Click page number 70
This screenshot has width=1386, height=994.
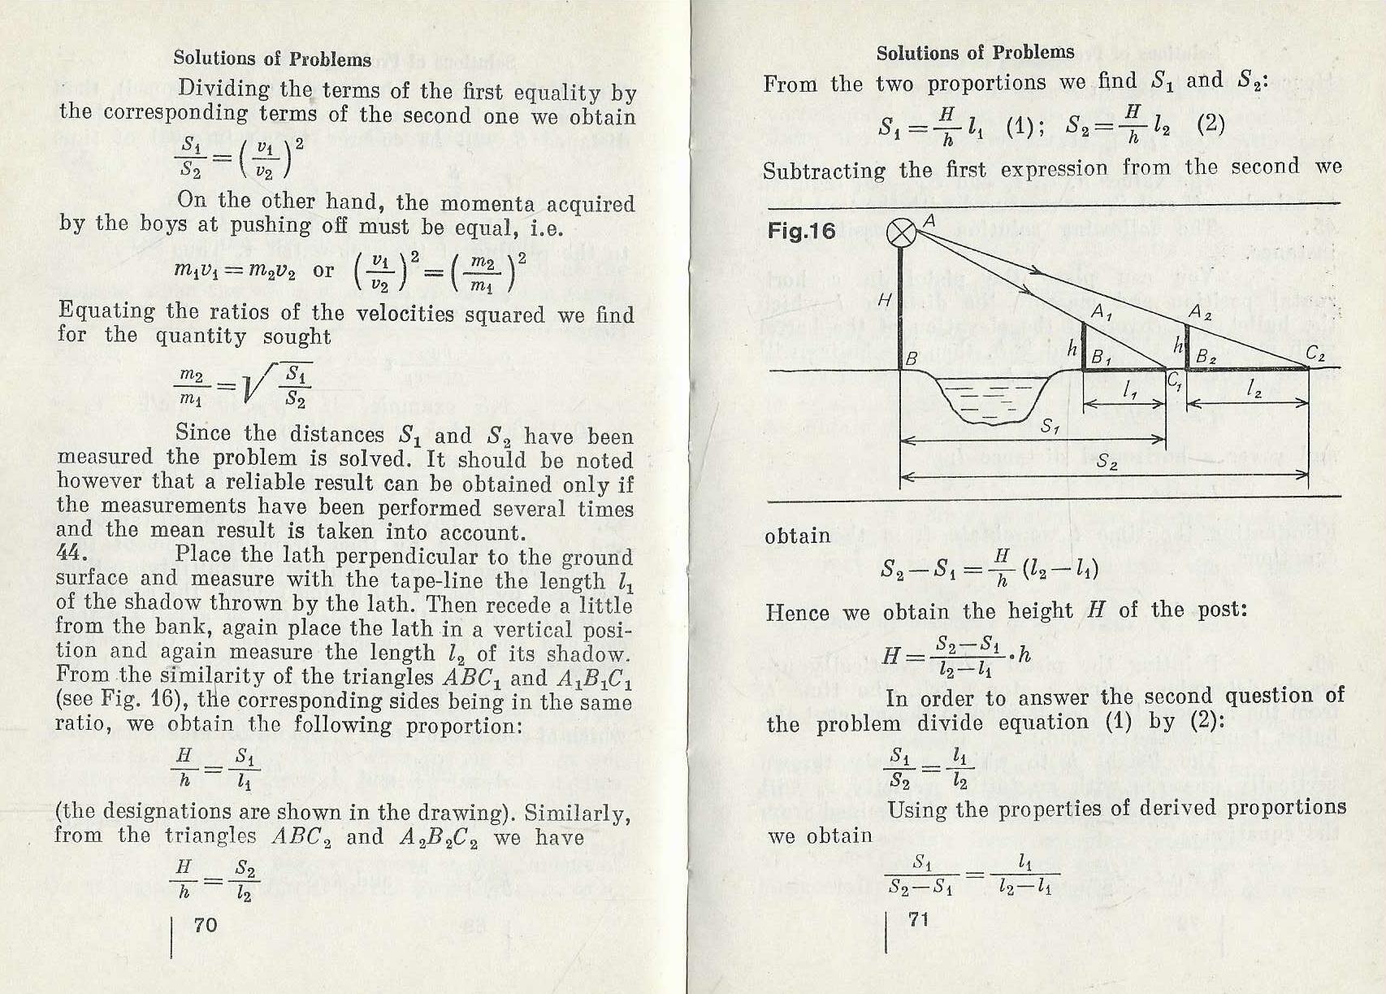pyautogui.click(x=206, y=924)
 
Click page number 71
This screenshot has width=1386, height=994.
pyautogui.click(x=919, y=919)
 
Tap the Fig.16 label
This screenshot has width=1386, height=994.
pyautogui.click(x=801, y=232)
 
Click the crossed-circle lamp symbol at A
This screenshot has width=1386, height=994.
pyautogui.click(x=901, y=232)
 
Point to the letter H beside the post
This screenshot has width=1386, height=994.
pyautogui.click(x=886, y=300)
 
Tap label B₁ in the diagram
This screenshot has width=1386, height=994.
pyautogui.click(x=1102, y=357)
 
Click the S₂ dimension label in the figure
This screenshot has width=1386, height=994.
pyautogui.click(x=1107, y=462)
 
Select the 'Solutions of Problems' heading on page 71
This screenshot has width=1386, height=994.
pyautogui.click(x=975, y=53)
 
